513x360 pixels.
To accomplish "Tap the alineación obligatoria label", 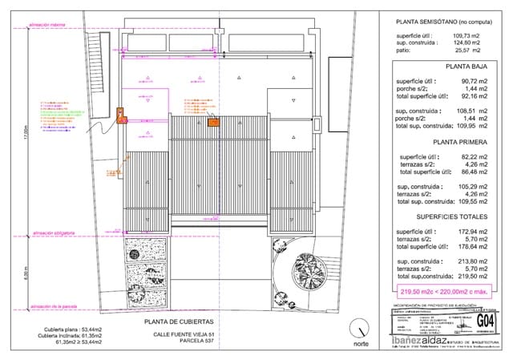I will (x=54, y=233).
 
